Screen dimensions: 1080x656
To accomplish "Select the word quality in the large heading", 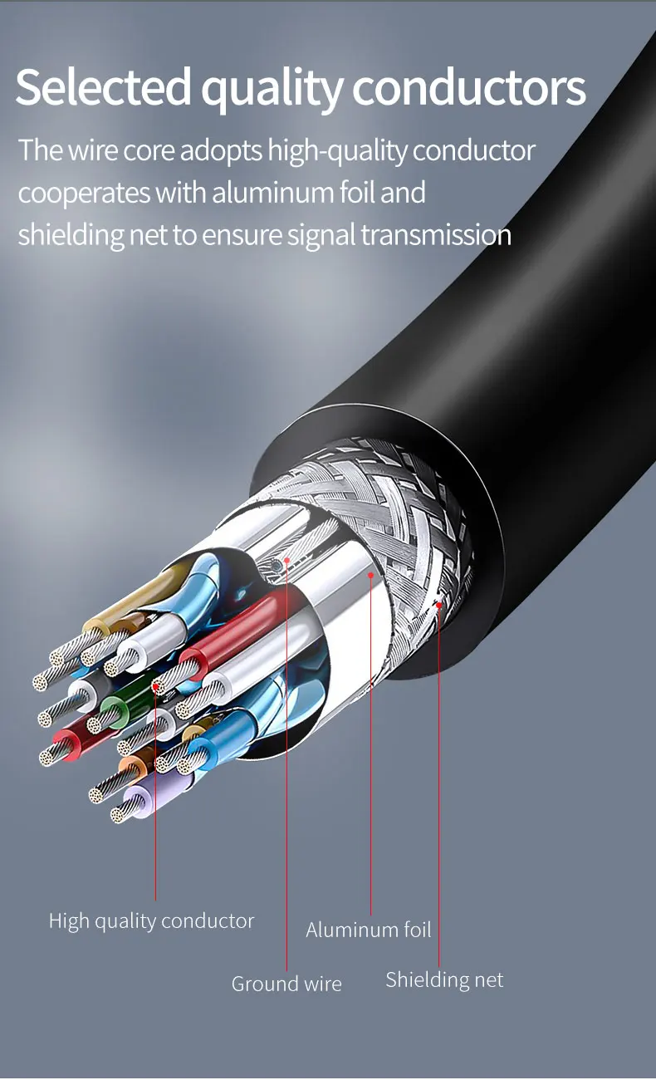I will pyautogui.click(x=271, y=90).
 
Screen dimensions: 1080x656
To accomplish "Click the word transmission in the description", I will pyautogui.click(x=436, y=235).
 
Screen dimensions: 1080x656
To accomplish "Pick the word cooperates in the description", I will pyautogui.click(x=84, y=194).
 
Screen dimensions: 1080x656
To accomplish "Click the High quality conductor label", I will pyautogui.click(x=151, y=920).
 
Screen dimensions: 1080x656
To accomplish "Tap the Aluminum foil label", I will pyautogui.click(x=368, y=930).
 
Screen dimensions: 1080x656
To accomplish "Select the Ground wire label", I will pyautogui.click(x=286, y=984).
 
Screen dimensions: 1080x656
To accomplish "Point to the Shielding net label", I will pyautogui.click(x=444, y=980).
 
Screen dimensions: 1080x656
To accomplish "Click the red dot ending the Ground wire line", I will pyautogui.click(x=286, y=560).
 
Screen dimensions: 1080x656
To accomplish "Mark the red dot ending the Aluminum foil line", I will pyautogui.click(x=370, y=572).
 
